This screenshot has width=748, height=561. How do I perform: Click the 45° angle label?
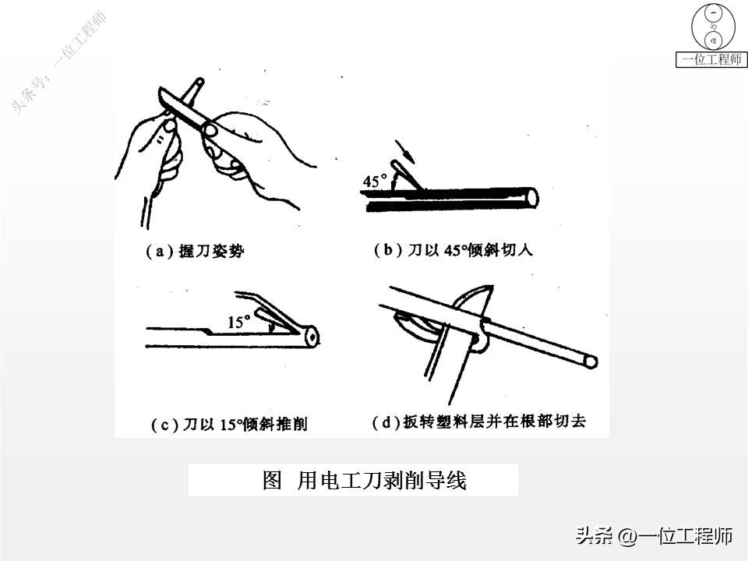tap(375, 181)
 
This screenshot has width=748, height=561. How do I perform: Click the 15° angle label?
tap(238, 322)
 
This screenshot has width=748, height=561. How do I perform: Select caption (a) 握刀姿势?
tap(195, 251)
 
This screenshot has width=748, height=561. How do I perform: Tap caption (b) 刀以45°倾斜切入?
tap(453, 249)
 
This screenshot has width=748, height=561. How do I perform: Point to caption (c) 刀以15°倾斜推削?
tap(229, 424)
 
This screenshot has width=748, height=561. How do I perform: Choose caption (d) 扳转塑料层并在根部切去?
tap(478, 422)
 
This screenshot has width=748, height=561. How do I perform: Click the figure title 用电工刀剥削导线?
tap(382, 480)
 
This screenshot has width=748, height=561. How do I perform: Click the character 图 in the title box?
tap(273, 480)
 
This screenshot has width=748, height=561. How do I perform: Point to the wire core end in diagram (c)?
tap(312, 337)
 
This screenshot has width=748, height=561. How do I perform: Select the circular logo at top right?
tap(713, 28)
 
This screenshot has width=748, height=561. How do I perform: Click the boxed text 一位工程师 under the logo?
tap(711, 60)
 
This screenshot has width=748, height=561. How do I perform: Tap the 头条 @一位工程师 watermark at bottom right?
tap(654, 536)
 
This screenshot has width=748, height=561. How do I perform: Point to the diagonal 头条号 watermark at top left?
tap(58, 63)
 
